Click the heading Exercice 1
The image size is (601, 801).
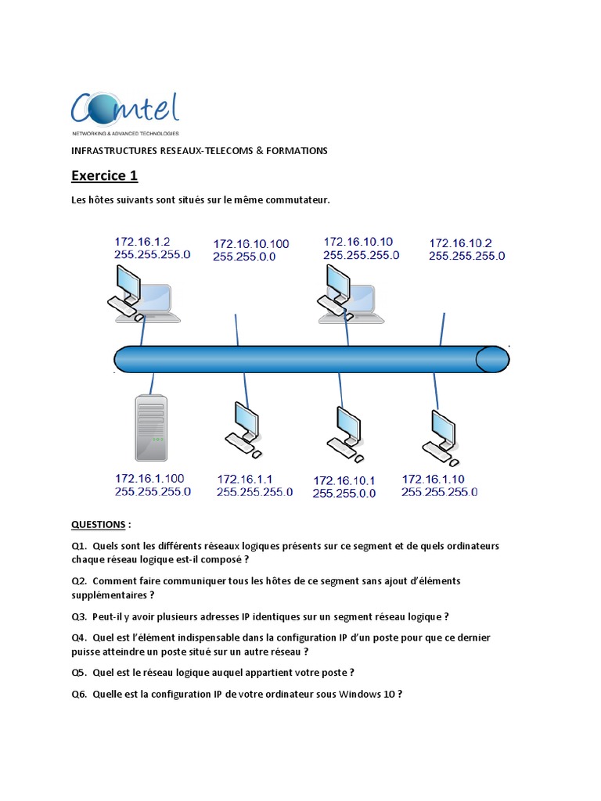coord(104,175)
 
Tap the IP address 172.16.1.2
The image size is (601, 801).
coord(142,242)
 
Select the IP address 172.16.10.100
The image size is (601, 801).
coord(250,244)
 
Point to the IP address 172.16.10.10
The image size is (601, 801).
coord(358,242)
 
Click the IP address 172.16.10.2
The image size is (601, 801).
coord(460,243)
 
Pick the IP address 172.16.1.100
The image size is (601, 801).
coord(149,478)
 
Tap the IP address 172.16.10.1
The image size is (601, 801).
coord(344,480)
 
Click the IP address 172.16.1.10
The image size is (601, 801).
coord(433,479)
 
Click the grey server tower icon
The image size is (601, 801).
coord(151,428)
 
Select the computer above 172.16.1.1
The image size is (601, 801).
coord(243,429)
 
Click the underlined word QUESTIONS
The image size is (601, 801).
coord(98,524)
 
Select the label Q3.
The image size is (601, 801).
coord(79,616)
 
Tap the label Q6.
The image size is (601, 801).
coord(79,694)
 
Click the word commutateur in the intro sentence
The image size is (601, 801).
coord(300,200)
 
